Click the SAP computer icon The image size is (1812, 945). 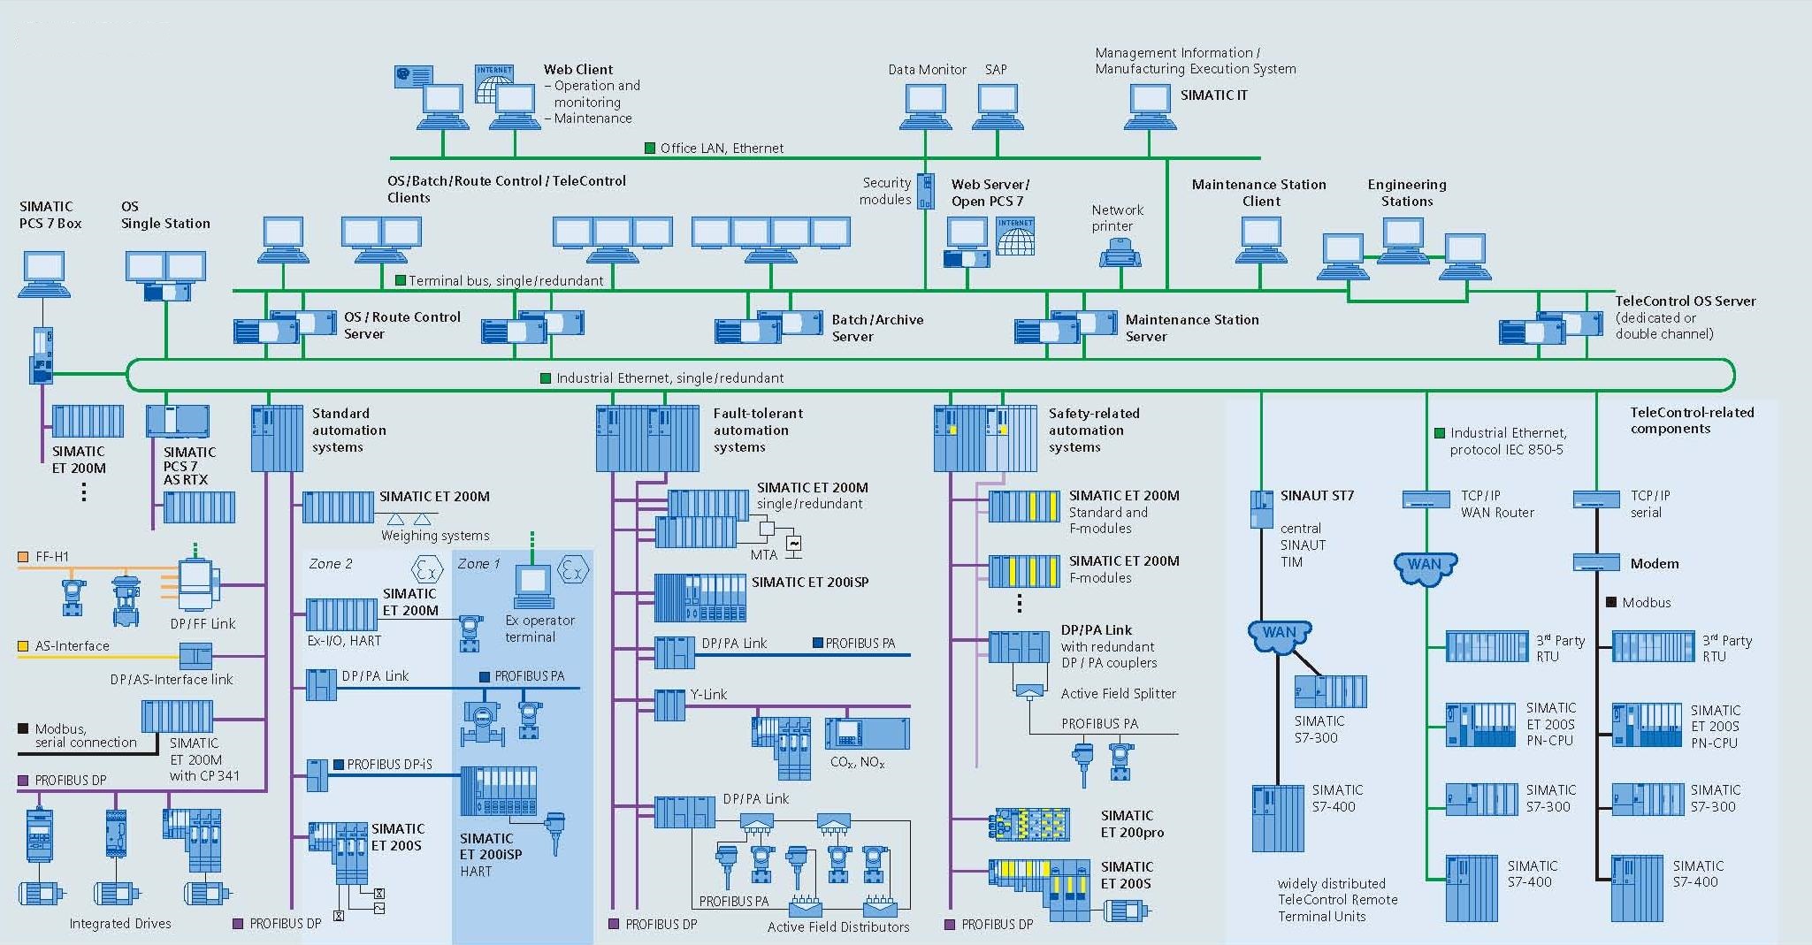point(996,106)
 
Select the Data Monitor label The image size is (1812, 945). point(927,69)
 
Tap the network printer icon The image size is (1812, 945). point(1120,255)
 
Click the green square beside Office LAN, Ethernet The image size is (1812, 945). point(650,148)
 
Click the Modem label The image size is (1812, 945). point(1654,563)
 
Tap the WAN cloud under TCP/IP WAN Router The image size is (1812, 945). point(1425,567)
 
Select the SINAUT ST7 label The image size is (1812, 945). point(1317,495)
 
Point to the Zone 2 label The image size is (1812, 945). point(331,563)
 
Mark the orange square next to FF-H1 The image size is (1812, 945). point(24,557)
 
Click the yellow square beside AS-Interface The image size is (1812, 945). point(24,646)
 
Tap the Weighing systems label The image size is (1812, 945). point(435,535)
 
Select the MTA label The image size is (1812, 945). point(763,555)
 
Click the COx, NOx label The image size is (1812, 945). point(857,762)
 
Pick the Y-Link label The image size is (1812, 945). point(709,694)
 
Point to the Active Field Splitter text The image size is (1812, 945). point(1118,693)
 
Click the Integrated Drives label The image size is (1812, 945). point(120,923)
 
